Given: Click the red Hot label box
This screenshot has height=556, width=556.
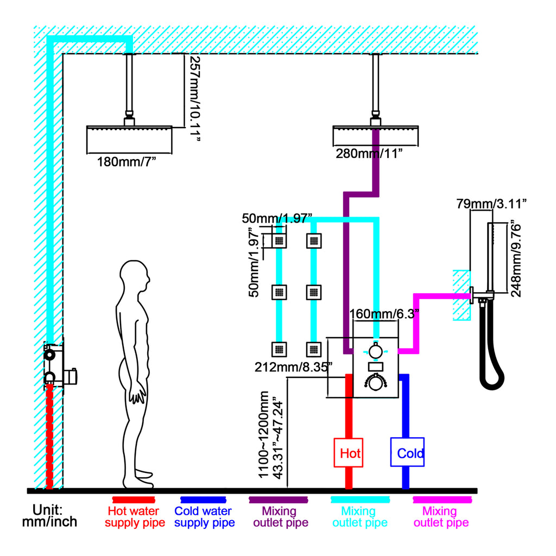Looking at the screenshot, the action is point(348,452).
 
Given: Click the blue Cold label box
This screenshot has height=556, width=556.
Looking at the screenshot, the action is point(407,452).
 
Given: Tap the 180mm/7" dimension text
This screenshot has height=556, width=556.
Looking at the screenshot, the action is point(127,162).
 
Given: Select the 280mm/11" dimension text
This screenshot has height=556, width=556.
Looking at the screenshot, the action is point(369,154).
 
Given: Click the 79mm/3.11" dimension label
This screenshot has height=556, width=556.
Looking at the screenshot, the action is point(491,204).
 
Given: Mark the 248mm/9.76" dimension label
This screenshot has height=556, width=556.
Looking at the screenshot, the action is point(516,259).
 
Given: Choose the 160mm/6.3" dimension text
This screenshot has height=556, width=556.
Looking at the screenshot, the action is point(384,314).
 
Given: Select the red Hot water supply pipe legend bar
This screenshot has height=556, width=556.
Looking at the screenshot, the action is point(134,500).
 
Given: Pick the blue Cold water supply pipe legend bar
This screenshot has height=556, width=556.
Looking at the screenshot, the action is point(203,500).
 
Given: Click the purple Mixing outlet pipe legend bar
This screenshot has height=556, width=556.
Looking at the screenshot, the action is point(279,500).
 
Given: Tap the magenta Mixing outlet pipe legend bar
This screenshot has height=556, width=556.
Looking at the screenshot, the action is point(442,500).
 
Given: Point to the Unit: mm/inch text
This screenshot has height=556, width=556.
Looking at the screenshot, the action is point(49,516).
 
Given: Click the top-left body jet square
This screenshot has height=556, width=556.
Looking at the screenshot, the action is point(279,241).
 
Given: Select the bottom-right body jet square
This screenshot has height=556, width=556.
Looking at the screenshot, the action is point(314,349).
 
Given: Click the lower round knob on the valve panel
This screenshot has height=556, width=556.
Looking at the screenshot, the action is point(376,383).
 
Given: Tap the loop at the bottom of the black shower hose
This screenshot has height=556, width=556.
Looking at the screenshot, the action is point(492,382).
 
